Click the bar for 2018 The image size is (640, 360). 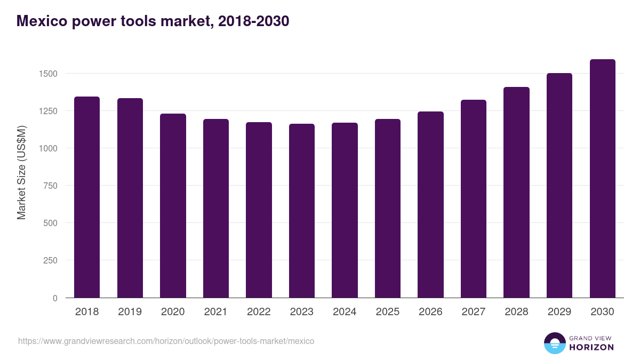point(87,197)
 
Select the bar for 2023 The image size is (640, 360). point(302,211)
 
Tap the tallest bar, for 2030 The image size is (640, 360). point(602,179)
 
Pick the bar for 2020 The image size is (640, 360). point(173,205)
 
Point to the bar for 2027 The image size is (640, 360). point(474,198)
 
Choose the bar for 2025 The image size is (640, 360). point(388,208)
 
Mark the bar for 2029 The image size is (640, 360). point(559,186)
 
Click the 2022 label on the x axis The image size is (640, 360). point(259,312)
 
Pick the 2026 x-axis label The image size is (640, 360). point(430,312)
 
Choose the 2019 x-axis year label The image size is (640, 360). point(130,312)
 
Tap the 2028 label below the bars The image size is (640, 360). point(516,312)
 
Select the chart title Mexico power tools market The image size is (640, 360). point(153,21)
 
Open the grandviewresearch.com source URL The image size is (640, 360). point(166,341)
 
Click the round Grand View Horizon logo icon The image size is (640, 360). point(554,343)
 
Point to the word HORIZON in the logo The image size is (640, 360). point(591,347)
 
